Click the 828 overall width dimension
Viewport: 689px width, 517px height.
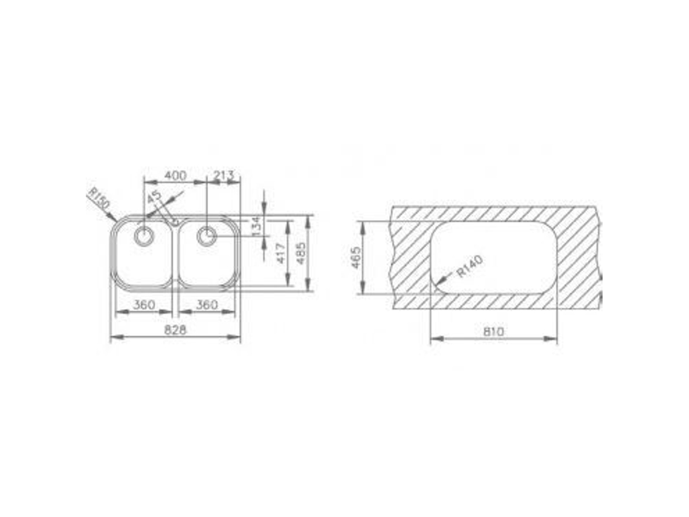[x=175, y=330]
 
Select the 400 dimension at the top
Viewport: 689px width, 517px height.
[x=175, y=176]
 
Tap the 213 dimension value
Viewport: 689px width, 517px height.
[x=224, y=175]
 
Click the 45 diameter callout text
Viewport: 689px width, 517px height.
[x=154, y=196]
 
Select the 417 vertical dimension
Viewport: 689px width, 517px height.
[x=281, y=254]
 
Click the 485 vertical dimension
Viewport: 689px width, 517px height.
[x=302, y=254]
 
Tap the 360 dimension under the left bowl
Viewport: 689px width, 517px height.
[x=144, y=304]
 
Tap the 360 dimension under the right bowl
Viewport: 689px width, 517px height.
[x=207, y=304]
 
